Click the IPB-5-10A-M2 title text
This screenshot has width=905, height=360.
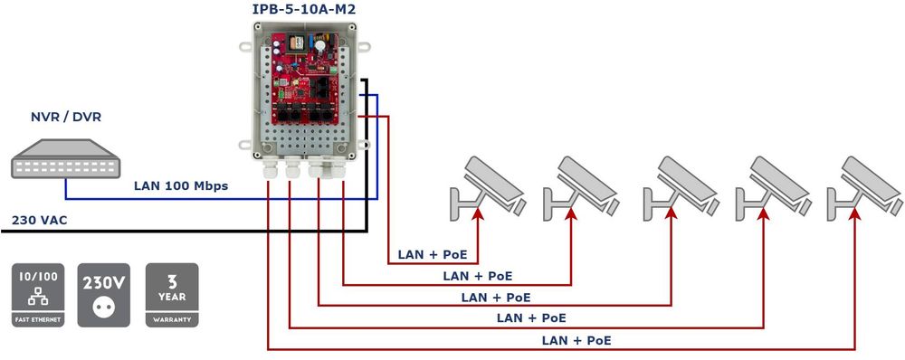pos(303,9)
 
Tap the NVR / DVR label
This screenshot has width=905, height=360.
pos(66,117)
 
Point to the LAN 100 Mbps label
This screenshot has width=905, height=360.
pos(181,185)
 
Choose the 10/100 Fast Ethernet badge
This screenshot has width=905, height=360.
pos(38,296)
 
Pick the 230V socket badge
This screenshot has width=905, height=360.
pos(104,296)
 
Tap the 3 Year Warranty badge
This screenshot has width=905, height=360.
pos(172,296)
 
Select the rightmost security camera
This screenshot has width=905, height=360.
pos(864,187)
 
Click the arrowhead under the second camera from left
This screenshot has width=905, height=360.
pos(571,213)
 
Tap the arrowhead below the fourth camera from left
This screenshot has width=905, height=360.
pos(764,213)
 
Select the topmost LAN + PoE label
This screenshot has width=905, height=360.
pos(433,254)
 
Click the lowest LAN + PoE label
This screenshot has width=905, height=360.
pos(576,340)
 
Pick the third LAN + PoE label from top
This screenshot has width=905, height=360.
pos(496,298)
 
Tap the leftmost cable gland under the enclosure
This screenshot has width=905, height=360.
pos(269,168)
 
